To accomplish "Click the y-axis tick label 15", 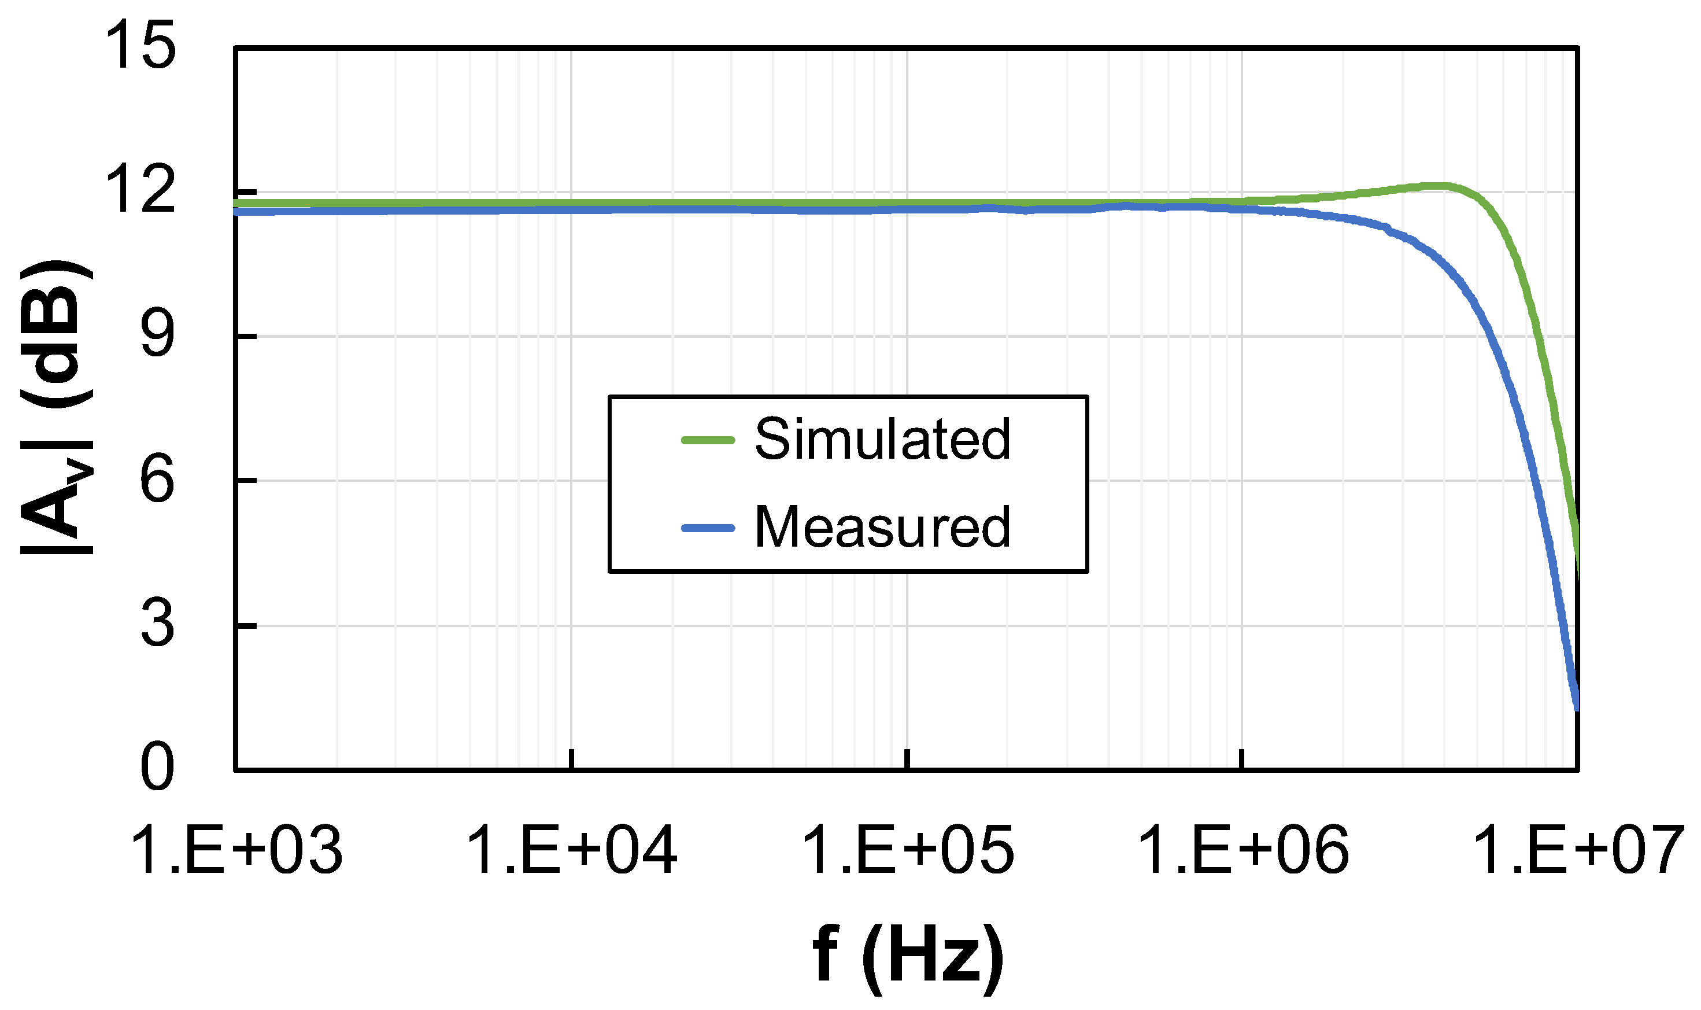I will coord(145,46).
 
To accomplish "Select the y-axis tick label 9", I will coord(158,336).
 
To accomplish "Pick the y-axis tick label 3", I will coord(158,625).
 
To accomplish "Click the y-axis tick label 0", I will coord(158,769).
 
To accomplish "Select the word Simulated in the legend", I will coord(882,440).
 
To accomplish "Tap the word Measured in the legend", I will coord(882,528).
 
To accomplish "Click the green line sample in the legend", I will coord(708,440).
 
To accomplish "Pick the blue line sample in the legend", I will coord(708,528).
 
